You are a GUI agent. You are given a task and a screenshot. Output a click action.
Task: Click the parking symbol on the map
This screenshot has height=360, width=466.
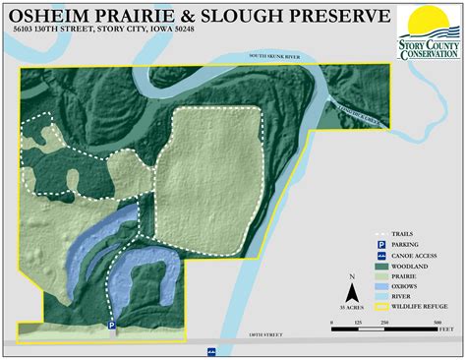[111, 325]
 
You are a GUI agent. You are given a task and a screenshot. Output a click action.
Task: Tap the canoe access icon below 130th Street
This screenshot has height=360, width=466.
[210, 349]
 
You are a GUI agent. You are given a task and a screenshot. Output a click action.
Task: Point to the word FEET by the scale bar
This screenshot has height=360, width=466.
[446, 333]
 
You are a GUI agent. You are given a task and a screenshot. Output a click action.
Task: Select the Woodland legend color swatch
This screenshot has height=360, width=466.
[380, 265]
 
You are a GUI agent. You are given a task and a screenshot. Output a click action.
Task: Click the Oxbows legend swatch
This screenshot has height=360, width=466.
[380, 286]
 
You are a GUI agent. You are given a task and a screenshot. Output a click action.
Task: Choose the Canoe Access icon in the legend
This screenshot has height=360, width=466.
[380, 254]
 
